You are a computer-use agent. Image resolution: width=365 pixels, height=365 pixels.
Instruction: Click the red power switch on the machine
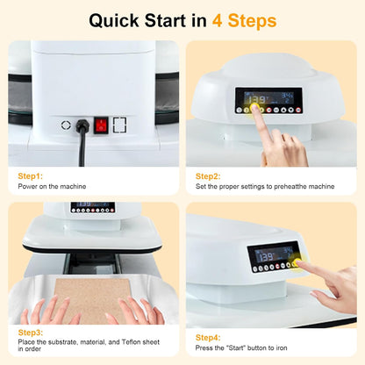(102, 125)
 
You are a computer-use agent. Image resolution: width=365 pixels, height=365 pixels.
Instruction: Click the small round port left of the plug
(66, 125)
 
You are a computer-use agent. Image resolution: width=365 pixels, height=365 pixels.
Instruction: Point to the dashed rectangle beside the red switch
(120, 125)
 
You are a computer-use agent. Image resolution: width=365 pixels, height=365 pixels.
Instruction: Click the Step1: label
(32, 175)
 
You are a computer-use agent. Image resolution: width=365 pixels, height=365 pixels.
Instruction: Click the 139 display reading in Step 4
(263, 254)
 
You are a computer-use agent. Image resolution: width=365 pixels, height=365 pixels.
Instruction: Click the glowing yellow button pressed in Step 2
(255, 110)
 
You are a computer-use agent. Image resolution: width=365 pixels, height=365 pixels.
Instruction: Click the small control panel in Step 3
(92, 208)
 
